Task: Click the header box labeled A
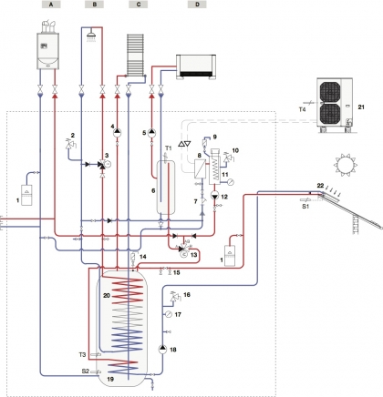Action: point(51,5)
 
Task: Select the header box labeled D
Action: point(197,5)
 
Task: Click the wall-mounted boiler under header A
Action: point(47,46)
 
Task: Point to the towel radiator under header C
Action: point(135,55)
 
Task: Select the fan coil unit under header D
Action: point(196,66)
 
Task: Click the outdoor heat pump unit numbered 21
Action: point(335,105)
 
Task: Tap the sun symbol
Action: point(346,165)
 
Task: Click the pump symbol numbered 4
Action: point(117,133)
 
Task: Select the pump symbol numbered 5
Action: point(151,133)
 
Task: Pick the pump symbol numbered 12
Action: point(215,196)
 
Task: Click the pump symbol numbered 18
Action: point(163,349)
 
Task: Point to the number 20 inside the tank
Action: point(107,295)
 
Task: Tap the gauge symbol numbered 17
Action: point(169,315)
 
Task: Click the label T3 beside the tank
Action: point(82,354)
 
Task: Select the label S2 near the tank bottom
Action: point(86,371)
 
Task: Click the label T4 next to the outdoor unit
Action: point(302,109)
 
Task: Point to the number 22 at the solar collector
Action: point(320,186)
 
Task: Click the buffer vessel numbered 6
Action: point(166,188)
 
